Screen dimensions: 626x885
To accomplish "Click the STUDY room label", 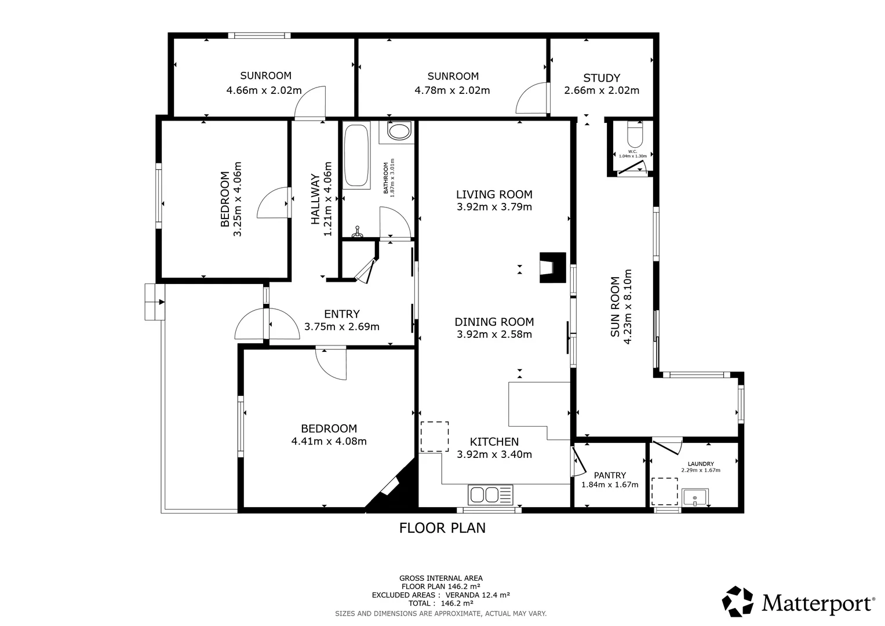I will point(602,78).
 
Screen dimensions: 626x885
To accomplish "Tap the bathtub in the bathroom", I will point(356,155).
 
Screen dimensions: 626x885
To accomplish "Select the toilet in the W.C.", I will point(635,136).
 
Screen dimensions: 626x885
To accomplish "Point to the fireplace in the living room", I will point(552,267).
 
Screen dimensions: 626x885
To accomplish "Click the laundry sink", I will point(695,497).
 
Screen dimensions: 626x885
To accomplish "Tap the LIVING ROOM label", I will point(494,194).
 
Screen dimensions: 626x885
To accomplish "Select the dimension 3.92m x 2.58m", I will point(494,334).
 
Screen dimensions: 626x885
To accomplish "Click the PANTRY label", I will point(610,475).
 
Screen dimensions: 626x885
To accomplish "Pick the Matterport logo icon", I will point(738,602).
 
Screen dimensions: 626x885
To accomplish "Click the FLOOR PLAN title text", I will point(442,528).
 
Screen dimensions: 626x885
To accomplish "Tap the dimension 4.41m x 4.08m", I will point(329,441).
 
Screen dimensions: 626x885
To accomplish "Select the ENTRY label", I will point(341,314).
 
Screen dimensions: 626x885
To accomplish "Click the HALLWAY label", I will point(315,199).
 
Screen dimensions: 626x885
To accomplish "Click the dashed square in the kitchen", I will point(434,436).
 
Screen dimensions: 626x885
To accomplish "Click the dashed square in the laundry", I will point(665,492).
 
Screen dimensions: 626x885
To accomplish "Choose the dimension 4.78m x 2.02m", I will point(452,90).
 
